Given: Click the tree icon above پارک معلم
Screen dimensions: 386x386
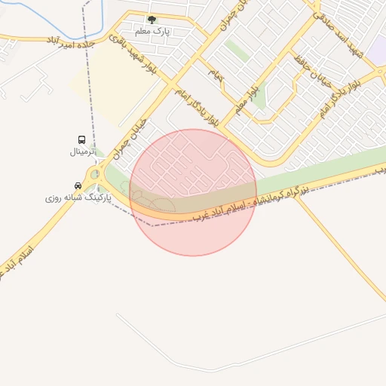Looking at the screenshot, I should point(152,20).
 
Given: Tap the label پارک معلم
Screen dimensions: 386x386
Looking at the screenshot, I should point(152,32).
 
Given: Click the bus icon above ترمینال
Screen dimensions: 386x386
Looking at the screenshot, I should point(81,140).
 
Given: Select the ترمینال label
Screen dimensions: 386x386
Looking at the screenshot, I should point(84,152).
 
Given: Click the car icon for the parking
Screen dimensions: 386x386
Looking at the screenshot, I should point(78,185).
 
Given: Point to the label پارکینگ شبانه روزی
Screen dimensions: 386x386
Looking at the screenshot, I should point(78,198).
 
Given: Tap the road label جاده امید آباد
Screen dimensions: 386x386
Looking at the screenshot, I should point(74,40).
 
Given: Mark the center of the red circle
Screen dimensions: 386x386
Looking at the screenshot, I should point(193,192).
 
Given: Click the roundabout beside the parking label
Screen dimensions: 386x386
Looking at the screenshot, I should point(95,176).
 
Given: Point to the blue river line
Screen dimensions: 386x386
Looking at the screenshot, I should point(38,11).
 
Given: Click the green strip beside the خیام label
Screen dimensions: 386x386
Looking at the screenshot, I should point(237,51).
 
